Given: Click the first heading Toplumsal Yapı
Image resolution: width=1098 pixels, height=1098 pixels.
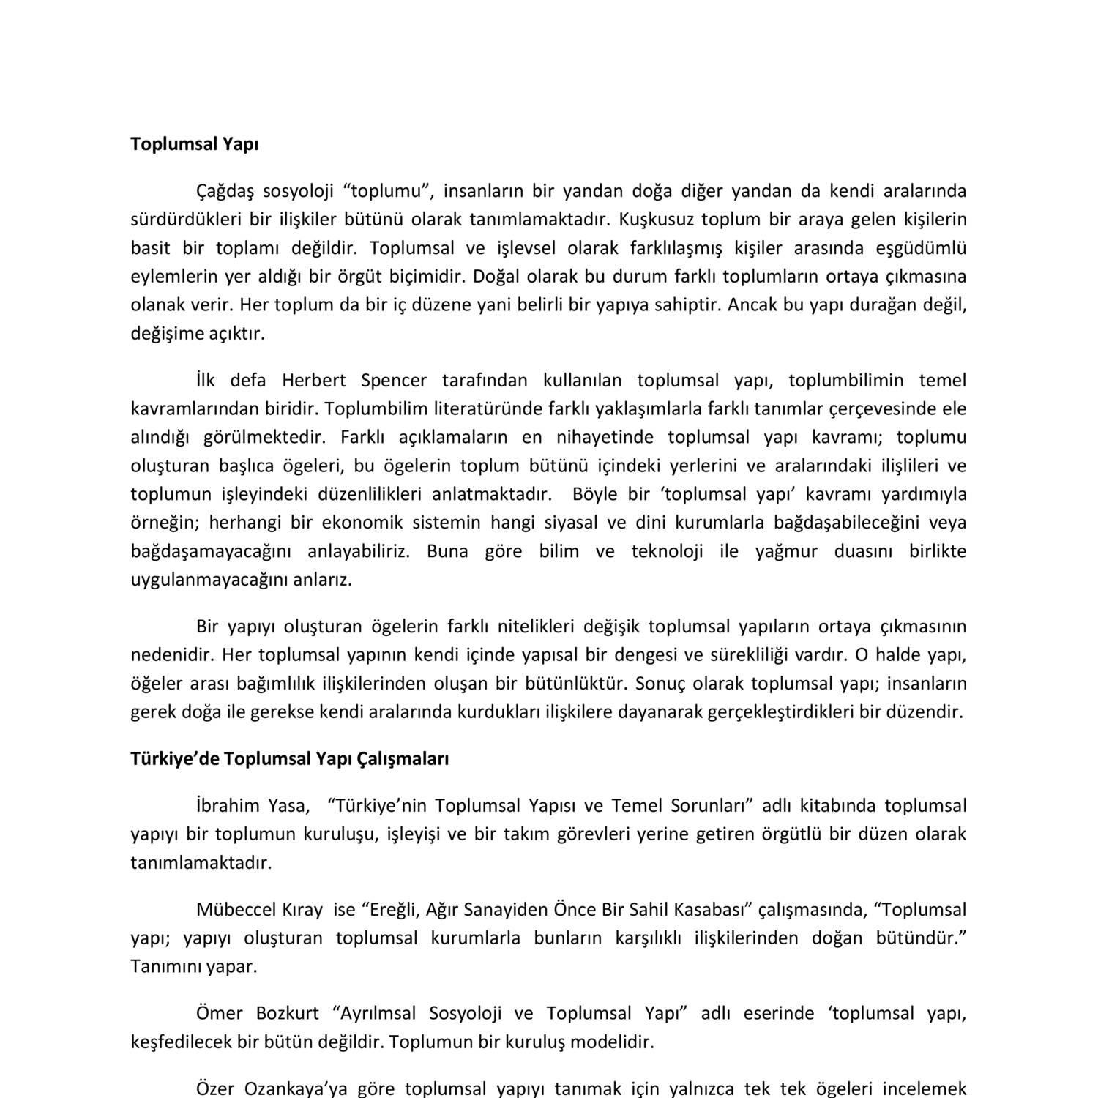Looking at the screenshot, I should pyautogui.click(x=194, y=144).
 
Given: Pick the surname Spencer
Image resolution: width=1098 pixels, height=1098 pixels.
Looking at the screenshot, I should pyautogui.click(x=394, y=381).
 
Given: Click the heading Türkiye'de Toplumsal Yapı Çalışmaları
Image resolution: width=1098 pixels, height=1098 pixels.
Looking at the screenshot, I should pyautogui.click(x=289, y=759).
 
